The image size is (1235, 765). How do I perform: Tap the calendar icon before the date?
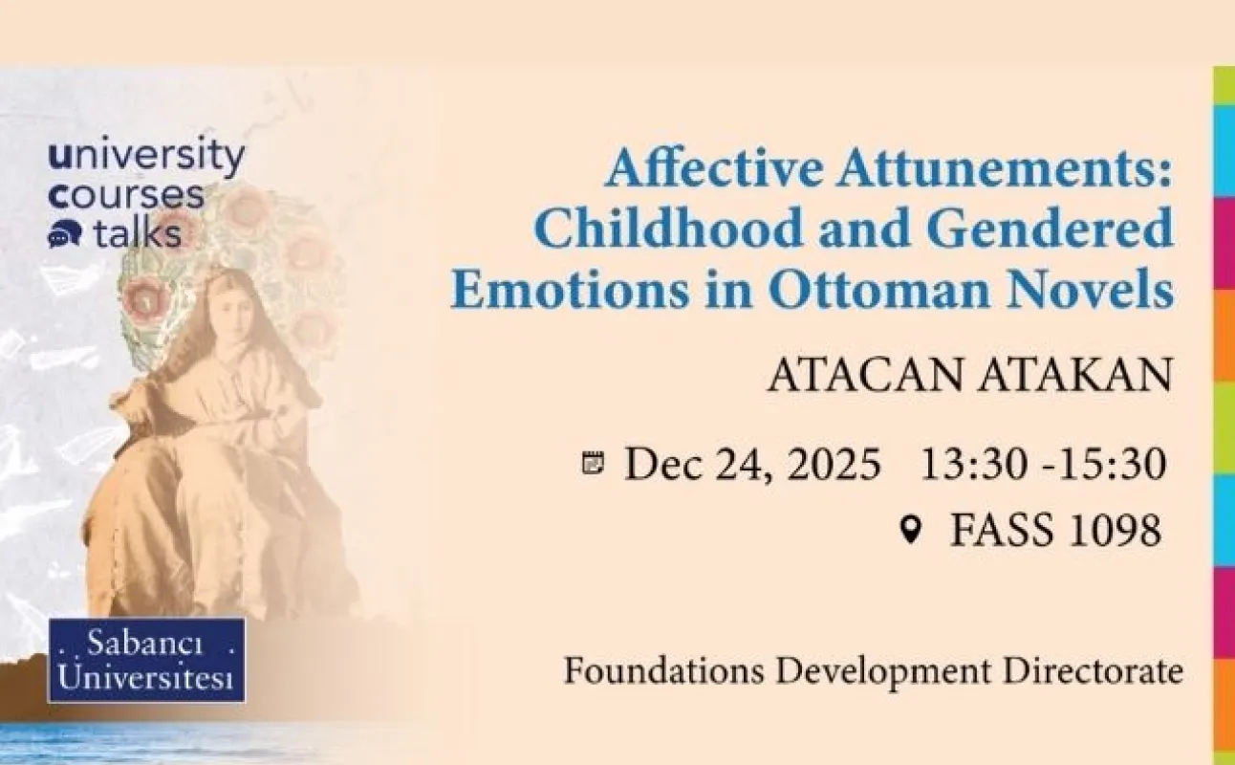[x=594, y=465]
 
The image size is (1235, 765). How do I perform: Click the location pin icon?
[x=911, y=528]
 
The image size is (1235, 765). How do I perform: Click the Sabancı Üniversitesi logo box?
[x=145, y=660]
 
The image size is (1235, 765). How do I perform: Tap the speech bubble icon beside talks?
[x=61, y=235]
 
